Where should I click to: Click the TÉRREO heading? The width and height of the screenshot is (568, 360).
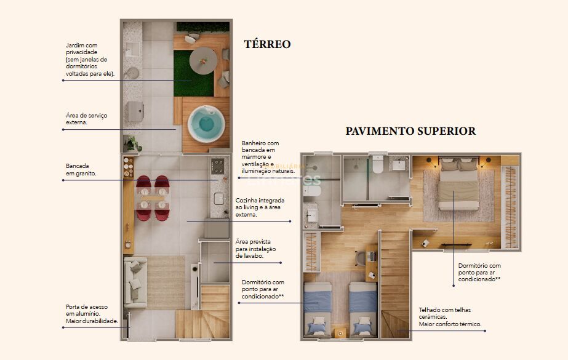(267, 44)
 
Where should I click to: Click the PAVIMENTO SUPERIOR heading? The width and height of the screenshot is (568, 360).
(410, 131)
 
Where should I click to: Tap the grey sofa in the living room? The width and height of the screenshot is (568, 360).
(135, 282)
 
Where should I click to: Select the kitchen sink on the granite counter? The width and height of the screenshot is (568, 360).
(219, 198)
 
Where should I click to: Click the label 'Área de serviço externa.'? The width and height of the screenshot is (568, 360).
(85, 119)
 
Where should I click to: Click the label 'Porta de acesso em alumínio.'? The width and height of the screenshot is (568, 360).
(92, 314)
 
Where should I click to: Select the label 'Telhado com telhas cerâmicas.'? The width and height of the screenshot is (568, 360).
(449, 317)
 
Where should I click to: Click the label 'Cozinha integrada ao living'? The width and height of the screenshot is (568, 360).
(258, 207)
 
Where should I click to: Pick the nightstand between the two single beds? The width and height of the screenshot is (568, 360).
(340, 332)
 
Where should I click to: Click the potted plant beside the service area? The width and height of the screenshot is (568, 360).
(132, 143)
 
